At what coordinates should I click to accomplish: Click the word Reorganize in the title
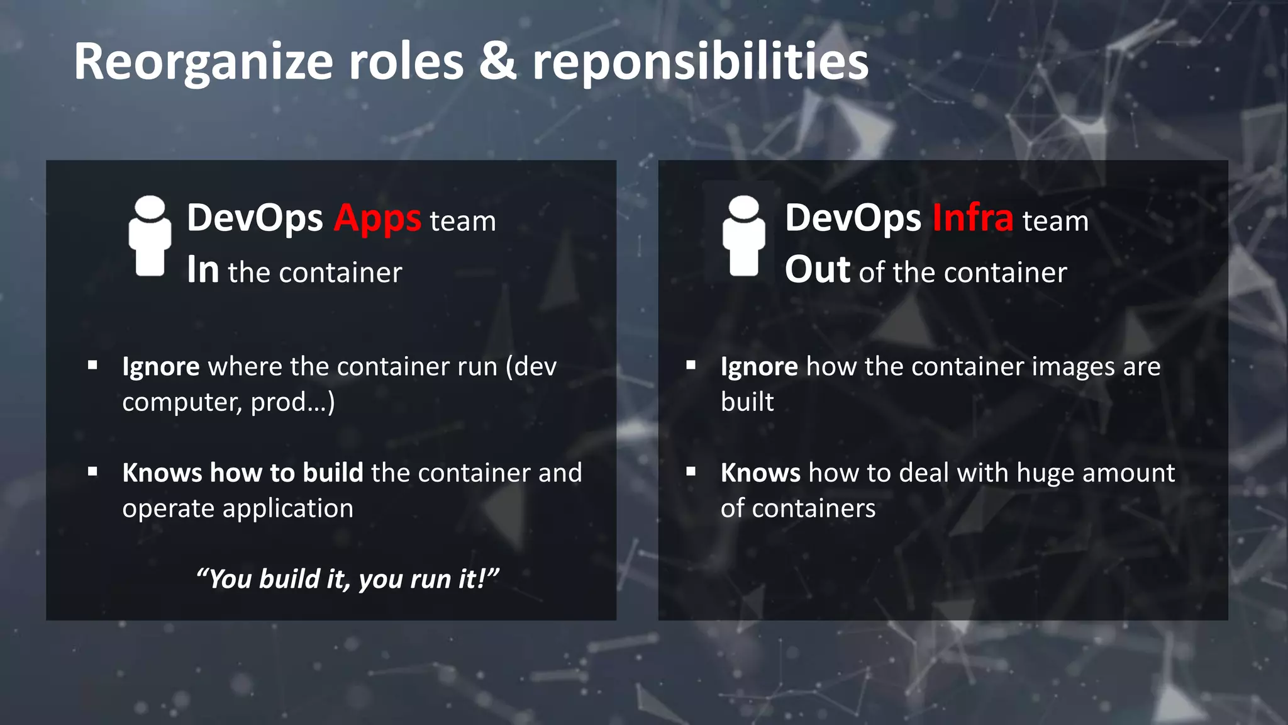coord(203,63)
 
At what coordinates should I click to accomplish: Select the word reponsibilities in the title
coord(700,63)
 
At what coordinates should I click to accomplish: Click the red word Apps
coord(377,220)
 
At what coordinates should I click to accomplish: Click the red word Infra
coord(972,218)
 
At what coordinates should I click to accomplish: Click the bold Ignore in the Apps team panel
coord(161,367)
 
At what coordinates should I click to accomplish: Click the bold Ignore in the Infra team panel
coord(759,367)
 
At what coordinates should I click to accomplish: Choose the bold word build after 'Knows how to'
coord(333,473)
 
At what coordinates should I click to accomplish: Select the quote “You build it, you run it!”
coord(347,579)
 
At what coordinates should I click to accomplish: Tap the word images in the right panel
coord(1073,367)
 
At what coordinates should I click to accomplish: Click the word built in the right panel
coord(747,402)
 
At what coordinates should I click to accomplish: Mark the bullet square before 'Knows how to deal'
coord(691,471)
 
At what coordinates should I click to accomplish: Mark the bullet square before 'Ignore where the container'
coord(92,365)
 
